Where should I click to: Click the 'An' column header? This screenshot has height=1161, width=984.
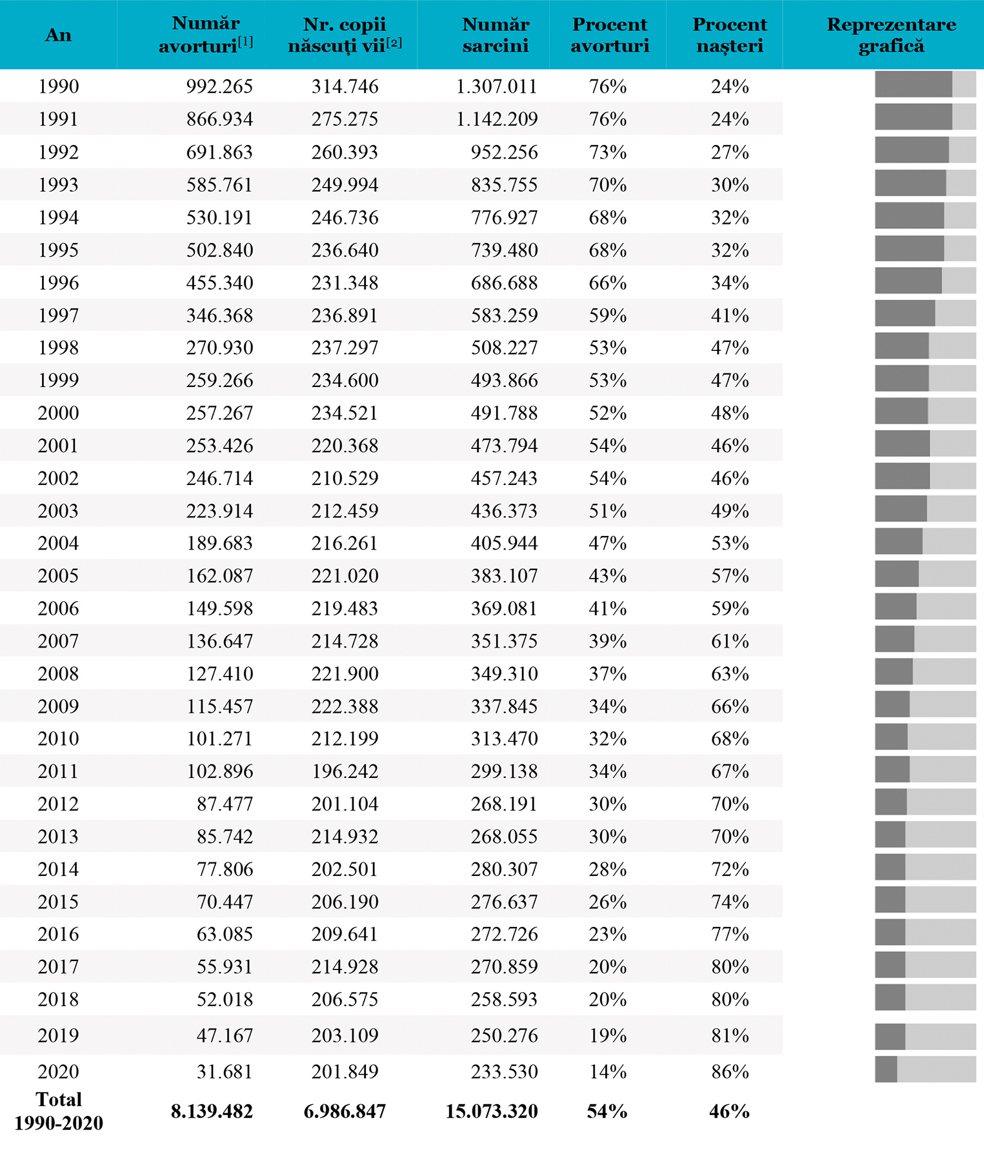[x=58, y=35]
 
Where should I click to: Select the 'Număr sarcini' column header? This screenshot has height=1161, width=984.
[x=496, y=35]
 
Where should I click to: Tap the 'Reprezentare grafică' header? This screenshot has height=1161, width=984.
[x=891, y=35]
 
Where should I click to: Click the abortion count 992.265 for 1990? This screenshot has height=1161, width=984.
[x=219, y=86]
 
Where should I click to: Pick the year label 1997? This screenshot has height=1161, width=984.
[x=58, y=315]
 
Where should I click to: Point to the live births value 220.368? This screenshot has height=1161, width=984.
[x=345, y=446]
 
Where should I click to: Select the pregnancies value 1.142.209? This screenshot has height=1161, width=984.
[x=497, y=119]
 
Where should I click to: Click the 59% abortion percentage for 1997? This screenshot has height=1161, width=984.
[x=607, y=315]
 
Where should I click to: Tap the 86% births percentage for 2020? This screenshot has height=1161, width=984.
[x=730, y=1071]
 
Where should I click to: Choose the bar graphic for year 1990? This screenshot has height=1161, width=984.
[x=925, y=84]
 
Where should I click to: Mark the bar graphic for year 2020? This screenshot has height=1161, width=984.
[x=925, y=1069]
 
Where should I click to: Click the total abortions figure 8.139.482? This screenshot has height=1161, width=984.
[x=212, y=1111]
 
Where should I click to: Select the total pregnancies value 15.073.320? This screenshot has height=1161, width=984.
[x=492, y=1111]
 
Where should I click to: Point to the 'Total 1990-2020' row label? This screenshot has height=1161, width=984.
[x=59, y=1111]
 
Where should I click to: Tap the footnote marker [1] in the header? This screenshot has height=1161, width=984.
[x=245, y=42]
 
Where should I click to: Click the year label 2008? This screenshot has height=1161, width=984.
[x=58, y=674]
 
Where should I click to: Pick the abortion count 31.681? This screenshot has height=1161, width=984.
[x=225, y=1071]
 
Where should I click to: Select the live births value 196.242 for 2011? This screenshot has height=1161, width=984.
[x=345, y=771]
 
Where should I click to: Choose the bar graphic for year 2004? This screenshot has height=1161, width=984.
[x=925, y=541]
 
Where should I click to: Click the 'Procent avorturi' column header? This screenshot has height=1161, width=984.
[x=610, y=35]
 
